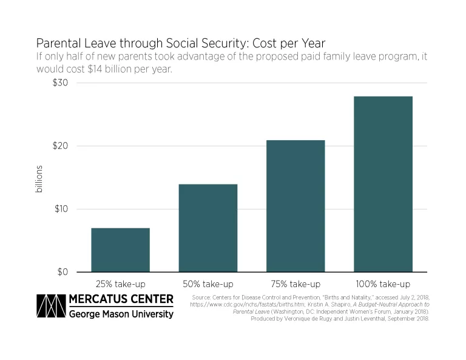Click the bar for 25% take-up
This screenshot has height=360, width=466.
tap(120, 250)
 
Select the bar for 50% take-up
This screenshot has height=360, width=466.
tap(208, 228)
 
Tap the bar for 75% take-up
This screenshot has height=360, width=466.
tap(295, 206)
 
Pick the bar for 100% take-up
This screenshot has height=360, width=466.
tap(383, 184)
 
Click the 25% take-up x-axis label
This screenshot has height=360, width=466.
tap(120, 284)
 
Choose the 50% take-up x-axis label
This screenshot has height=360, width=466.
tap(208, 284)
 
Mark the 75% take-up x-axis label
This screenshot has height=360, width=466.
tap(295, 284)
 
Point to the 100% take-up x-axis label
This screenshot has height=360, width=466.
tap(383, 284)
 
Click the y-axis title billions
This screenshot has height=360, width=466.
tap(39, 179)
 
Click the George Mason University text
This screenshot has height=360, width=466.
tap(121, 314)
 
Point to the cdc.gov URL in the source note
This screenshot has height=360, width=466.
tap(243, 304)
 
